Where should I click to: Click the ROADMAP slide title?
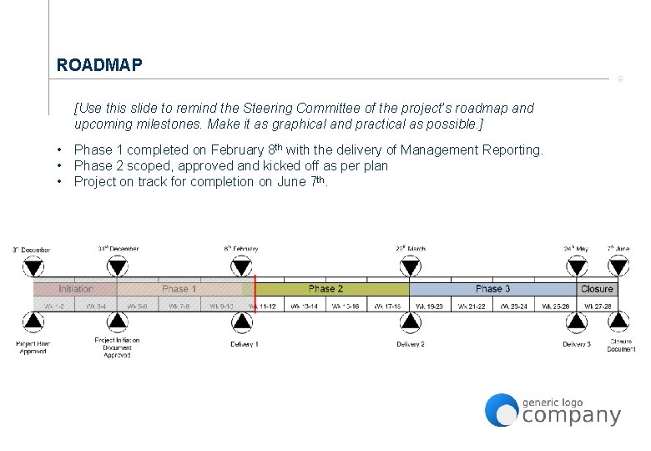coord(99,65)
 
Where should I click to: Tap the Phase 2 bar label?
coord(325,289)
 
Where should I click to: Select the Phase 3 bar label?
coord(492,289)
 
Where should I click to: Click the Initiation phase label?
coord(76,289)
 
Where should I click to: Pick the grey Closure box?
coord(597,289)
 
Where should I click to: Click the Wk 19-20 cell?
coord(430,307)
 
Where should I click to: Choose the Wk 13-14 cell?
coord(305,307)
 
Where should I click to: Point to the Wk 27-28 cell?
coord(597,307)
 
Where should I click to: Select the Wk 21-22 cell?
coord(472,307)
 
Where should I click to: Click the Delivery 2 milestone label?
coord(410,344)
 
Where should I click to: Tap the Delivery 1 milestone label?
coord(245,344)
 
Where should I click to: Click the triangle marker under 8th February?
coord(241,267)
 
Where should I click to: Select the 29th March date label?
coord(410,248)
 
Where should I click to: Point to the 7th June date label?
coord(618,248)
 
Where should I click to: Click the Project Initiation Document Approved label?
coord(118,347)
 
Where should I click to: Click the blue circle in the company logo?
coord(502,410)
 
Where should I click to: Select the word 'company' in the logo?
coord(572,415)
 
